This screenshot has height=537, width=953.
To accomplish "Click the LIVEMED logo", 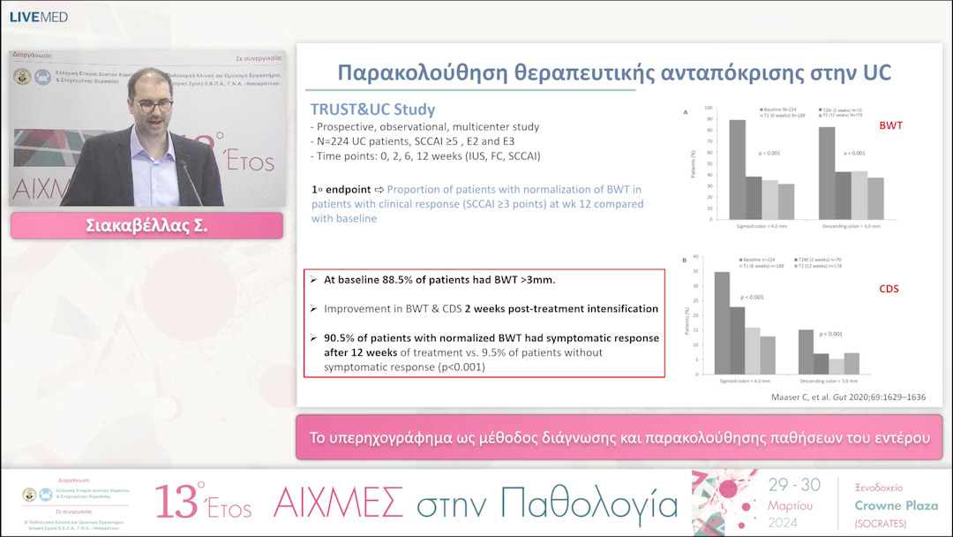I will (38, 17).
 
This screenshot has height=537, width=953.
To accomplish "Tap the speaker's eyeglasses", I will (155, 106).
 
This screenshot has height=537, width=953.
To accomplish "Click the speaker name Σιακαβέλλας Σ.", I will (146, 226).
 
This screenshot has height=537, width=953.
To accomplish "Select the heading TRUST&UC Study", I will (371, 110).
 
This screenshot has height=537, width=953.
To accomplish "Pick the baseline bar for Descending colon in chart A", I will (827, 173).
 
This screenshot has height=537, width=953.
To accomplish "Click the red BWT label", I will (889, 126).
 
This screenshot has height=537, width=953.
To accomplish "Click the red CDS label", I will (889, 289).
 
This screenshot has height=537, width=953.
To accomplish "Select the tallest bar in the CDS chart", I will (722, 322).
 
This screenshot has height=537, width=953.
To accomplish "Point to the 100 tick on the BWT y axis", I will (707, 108).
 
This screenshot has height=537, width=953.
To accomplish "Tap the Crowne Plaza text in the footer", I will (896, 505).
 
